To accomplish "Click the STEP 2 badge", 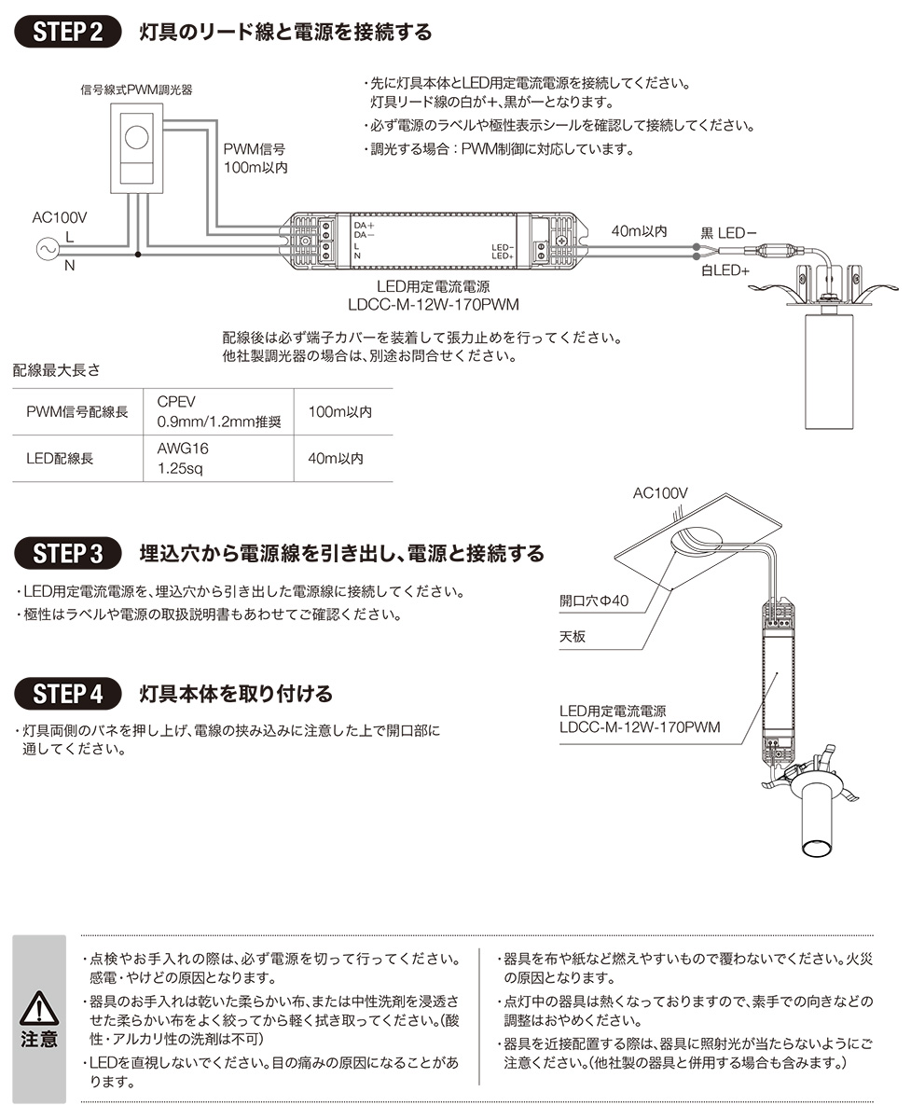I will click(68, 30).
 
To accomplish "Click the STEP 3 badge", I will click(68, 552).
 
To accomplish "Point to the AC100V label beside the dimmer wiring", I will click(59, 217).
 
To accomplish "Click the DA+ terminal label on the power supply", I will click(363, 226).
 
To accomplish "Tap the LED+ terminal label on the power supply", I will click(504, 256).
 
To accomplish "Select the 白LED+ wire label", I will click(725, 270).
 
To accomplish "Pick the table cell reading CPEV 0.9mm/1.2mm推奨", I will click(218, 411).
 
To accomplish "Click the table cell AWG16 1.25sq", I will click(183, 458).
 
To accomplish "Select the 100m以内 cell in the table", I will click(340, 411).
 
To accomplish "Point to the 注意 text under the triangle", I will click(39, 1039).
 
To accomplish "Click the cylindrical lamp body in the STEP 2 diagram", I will click(829, 368).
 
